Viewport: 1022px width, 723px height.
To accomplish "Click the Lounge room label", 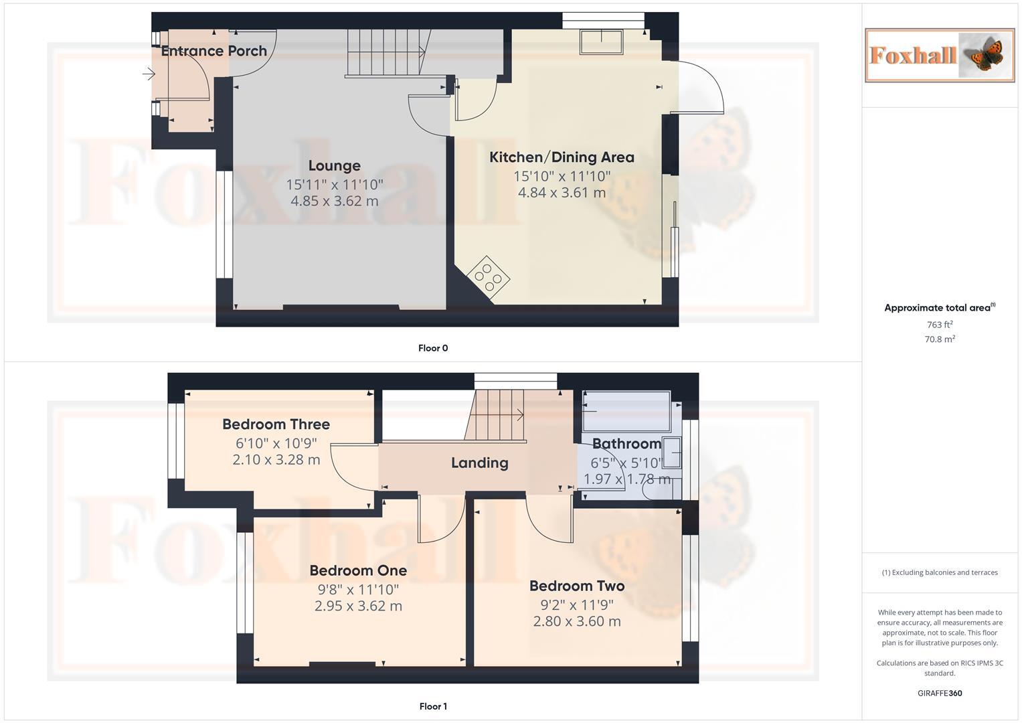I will pos(334,165).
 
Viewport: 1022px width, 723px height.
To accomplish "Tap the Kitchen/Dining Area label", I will pos(562,157).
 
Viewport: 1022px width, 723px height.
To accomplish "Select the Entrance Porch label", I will pos(214,51).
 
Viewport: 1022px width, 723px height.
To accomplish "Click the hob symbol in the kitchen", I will pos(489,276).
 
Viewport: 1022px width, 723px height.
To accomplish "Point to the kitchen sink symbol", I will pos(601,42).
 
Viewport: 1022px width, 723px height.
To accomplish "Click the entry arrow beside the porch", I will pos(149,74).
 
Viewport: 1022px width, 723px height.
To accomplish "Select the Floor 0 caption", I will pos(433,348).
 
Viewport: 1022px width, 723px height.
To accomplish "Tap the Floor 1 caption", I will pos(433,706).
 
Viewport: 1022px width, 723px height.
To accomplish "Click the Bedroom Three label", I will pos(276,424).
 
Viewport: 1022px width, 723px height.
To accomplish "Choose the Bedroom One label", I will pos(358,570).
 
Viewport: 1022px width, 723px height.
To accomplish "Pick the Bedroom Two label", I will pos(577,586).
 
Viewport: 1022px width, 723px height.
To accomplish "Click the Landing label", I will pos(479,463).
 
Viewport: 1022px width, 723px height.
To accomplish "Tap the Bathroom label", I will pos(626,444).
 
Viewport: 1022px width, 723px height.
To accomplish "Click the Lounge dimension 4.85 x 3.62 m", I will pos(334,201).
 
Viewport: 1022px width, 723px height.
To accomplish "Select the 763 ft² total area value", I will pos(940,325).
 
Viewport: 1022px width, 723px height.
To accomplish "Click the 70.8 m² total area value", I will pos(940,339).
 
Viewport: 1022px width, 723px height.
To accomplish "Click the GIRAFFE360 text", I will pos(940,694).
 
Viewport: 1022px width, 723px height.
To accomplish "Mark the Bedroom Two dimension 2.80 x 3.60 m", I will pos(577,621).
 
